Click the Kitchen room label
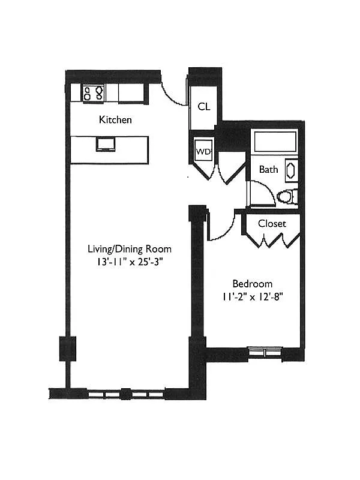click(115, 120)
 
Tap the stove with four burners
click(94, 93)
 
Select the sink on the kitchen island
click(105, 144)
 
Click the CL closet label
click(204, 106)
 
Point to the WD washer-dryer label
click(203, 151)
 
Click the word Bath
click(268, 170)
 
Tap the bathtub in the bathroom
click(275, 141)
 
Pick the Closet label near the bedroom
click(272, 224)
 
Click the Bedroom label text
click(253, 284)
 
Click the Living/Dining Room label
click(130, 249)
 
